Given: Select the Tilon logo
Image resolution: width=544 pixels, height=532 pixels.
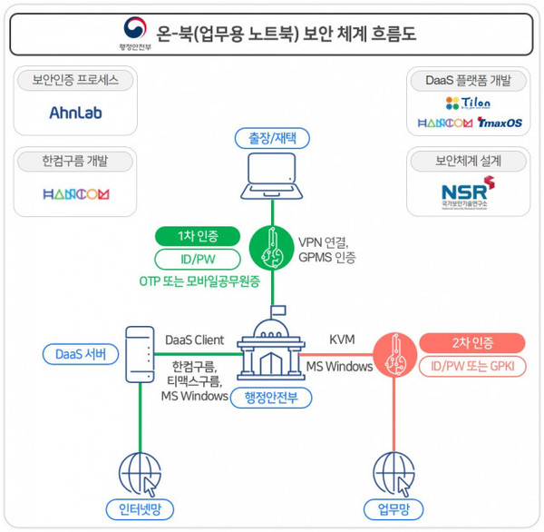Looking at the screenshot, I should click(x=468, y=103).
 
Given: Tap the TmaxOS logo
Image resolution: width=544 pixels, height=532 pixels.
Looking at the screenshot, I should click(x=499, y=123).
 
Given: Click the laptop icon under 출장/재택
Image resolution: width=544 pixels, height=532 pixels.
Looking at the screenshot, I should click(x=273, y=178).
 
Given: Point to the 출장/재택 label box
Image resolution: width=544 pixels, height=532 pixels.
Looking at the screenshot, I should click(x=273, y=138).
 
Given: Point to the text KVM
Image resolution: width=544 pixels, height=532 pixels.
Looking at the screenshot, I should click(x=342, y=340).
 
